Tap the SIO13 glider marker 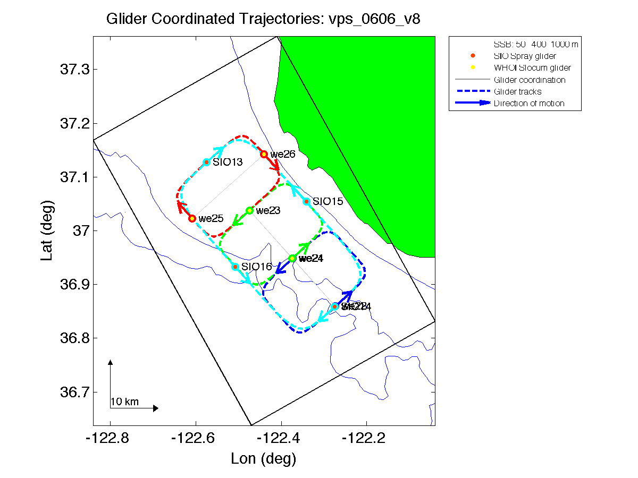pos(206,162)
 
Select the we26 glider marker pos(264,154)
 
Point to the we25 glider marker pos(192,218)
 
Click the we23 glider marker pos(249,210)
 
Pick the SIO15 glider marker pos(306,201)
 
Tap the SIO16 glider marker pos(235,267)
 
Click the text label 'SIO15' pos(328,201)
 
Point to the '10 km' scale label pos(124,402)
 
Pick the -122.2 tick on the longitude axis pos(366,439)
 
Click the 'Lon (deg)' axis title pos(264,458)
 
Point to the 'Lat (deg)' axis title pos(48,231)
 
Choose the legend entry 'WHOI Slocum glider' pos(532,68)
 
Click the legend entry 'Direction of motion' pos(528,104)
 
